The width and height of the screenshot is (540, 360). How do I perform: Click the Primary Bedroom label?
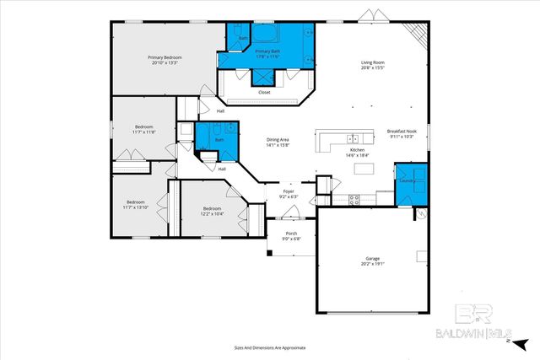tap(165, 57)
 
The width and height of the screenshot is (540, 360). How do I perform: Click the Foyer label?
tap(289, 191)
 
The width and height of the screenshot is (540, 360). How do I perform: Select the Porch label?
tap(290, 234)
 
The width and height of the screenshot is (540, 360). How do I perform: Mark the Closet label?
tap(264, 93)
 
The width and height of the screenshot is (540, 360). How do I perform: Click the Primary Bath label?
tap(269, 52)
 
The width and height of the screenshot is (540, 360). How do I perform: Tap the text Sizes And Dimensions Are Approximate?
tap(269, 347)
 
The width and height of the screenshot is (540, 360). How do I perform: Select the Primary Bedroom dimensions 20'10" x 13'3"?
tap(165, 62)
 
